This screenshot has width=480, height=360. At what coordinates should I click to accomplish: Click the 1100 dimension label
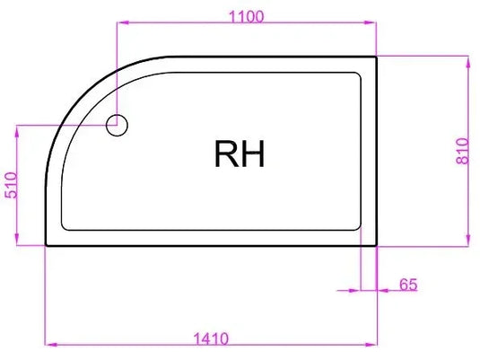[x=246, y=14]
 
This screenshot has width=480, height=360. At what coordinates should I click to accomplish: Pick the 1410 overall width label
[x=212, y=338]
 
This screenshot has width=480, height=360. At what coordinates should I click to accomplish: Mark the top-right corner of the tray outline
[x=376, y=57]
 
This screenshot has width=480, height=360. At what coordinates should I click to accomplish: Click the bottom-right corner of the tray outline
[x=376, y=244]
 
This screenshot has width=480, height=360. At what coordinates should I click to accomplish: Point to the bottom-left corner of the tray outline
[x=46, y=244]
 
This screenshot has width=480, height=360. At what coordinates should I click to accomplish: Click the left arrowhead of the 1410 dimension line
[x=50, y=344]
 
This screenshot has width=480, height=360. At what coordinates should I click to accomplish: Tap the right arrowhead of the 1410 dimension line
[x=371, y=344]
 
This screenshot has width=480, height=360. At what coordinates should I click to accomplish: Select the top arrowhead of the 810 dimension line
[x=467, y=61]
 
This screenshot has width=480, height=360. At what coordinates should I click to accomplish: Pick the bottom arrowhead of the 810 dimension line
[x=467, y=239]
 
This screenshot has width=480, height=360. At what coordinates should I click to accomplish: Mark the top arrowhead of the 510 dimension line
[x=17, y=130]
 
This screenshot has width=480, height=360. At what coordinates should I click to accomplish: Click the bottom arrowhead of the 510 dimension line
[x=17, y=239]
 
